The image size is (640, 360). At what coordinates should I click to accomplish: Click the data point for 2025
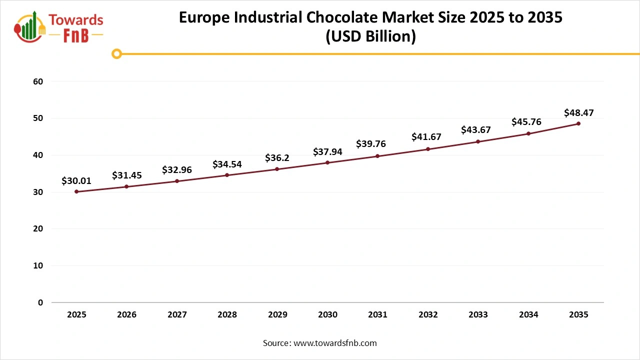[x=76, y=191]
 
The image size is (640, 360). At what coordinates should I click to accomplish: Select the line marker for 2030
[x=327, y=162]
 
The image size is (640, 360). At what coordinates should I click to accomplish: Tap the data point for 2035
[x=578, y=123]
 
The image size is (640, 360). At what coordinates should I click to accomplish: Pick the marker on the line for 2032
[x=428, y=149]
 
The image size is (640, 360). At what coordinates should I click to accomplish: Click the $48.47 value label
[x=578, y=112]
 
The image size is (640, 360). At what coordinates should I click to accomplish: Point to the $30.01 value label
[x=76, y=181]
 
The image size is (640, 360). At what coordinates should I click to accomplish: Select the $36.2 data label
[x=277, y=158]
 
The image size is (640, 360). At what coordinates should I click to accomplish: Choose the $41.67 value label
[x=428, y=136]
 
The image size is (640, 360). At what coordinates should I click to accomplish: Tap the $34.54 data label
[x=227, y=164]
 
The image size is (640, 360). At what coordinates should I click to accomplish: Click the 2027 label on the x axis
[x=177, y=315]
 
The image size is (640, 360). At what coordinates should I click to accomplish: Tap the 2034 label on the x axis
[x=528, y=315]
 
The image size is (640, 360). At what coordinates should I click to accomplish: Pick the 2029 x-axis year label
[x=277, y=315]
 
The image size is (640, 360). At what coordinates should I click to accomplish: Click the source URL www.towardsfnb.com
[x=334, y=343]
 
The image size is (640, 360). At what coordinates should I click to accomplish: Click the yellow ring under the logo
[x=116, y=53]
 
